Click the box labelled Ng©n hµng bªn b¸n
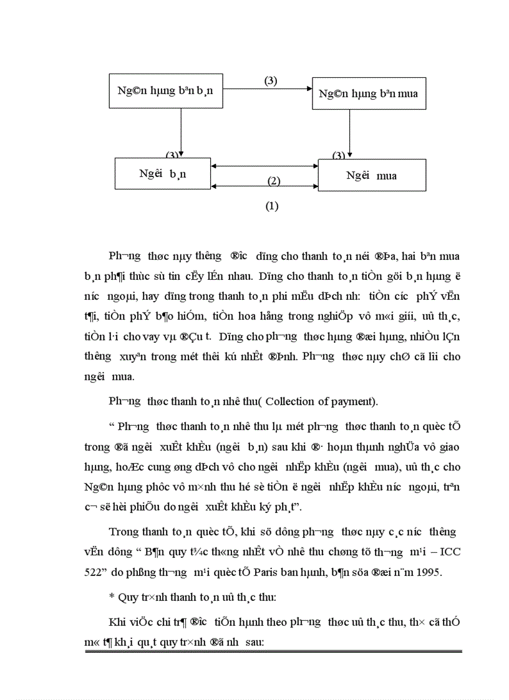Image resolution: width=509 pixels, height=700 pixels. [165, 90]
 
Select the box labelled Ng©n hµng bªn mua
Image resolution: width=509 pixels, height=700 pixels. [368, 94]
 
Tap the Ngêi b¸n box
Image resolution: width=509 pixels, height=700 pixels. [163, 174]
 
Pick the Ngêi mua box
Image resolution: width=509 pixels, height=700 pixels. [372, 175]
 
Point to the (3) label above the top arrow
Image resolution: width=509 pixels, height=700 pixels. [271, 80]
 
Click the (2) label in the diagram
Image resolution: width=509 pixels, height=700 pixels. [274, 181]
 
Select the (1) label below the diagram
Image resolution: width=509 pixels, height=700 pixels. [272, 206]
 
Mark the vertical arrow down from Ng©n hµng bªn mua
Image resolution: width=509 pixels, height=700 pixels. [350, 133]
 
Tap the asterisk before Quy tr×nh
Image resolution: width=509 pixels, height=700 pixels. [112, 597]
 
